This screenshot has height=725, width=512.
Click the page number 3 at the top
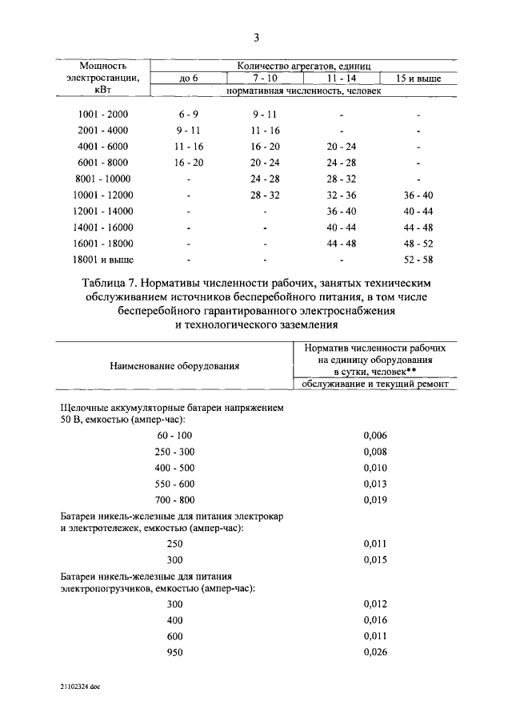(x=256, y=38)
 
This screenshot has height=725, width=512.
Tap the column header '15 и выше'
(x=418, y=79)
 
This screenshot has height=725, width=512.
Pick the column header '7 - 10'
(x=265, y=79)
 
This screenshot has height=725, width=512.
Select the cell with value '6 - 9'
(x=187, y=114)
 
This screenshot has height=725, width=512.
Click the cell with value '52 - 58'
(x=418, y=260)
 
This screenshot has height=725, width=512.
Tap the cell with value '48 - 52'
(x=418, y=244)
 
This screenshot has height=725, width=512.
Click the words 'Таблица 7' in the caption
(x=111, y=284)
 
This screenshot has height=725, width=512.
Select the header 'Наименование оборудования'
(x=174, y=365)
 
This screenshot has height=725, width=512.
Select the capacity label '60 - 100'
(x=174, y=435)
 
